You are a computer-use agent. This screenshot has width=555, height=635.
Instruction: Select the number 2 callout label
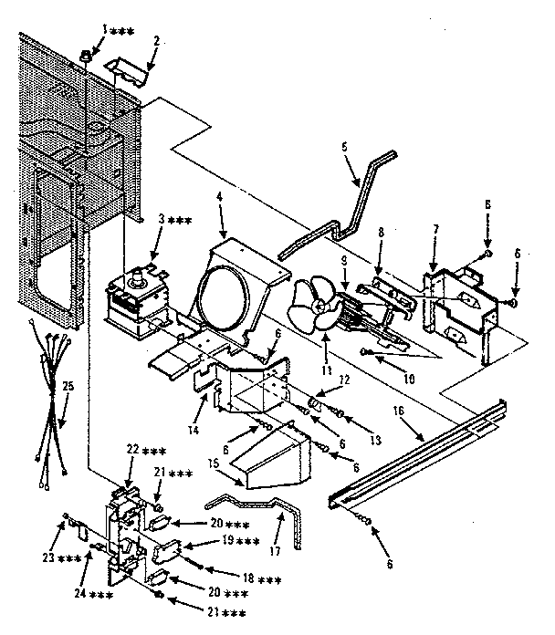156,41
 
